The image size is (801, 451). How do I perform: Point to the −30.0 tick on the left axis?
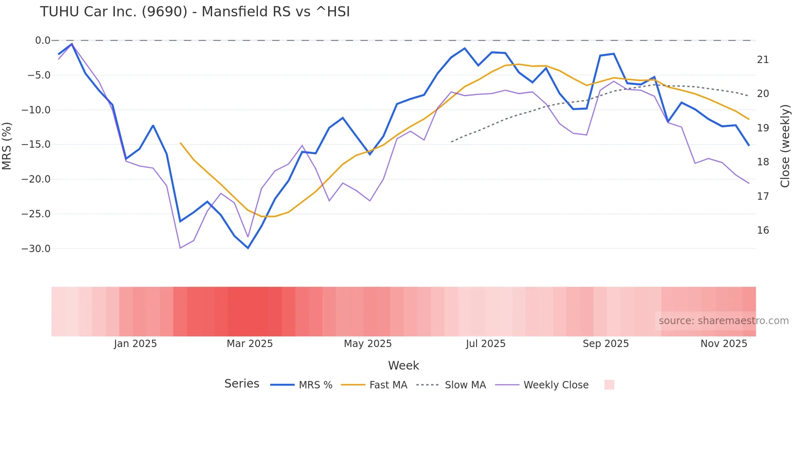36,249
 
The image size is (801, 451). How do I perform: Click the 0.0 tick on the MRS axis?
43,41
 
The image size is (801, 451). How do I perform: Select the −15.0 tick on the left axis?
36,144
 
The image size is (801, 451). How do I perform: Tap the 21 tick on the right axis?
763,60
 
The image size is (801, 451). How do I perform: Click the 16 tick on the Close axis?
763,230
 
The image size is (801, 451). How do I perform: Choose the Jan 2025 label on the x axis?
135,344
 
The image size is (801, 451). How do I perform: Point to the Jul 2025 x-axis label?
486,344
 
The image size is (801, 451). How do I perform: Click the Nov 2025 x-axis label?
724,344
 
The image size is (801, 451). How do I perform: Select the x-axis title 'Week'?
403,365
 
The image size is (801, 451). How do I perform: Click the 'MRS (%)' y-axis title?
7,146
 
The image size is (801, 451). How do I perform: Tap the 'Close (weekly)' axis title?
785,146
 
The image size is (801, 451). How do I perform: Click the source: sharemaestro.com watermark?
723,321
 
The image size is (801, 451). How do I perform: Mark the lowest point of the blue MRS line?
248,248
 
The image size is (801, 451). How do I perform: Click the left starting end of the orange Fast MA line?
181,143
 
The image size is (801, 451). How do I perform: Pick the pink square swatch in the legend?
609,385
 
